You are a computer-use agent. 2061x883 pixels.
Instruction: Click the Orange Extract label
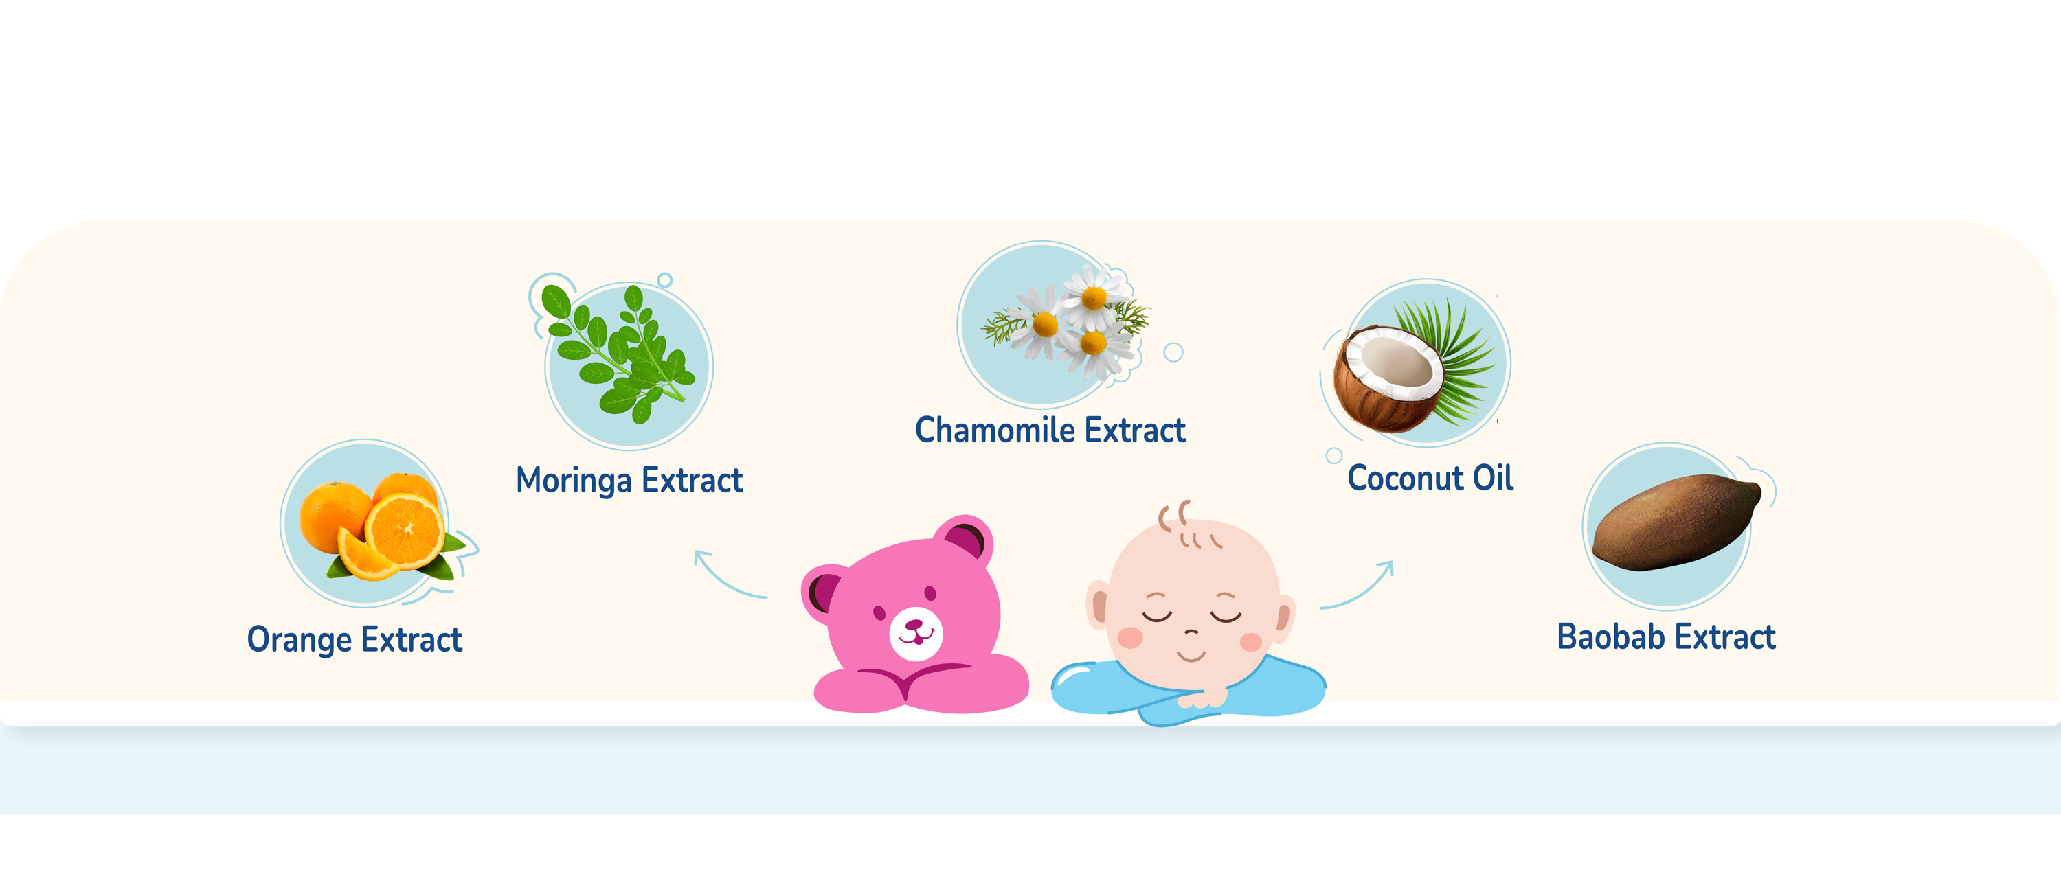pos(354,640)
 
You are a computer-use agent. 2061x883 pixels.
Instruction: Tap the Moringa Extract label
pos(630,481)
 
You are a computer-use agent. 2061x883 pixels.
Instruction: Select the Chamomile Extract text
pos(1050,431)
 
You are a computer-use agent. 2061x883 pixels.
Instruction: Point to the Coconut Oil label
pos(1430,479)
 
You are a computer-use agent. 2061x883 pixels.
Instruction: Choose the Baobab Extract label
pos(1666,637)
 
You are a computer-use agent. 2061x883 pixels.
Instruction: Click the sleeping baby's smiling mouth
pos(1191,656)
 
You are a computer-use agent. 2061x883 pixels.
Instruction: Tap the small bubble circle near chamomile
pos(1173,352)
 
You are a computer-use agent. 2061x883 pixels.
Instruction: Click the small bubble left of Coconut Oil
pos(1333,456)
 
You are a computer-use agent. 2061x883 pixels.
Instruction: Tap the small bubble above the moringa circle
pos(664,281)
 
